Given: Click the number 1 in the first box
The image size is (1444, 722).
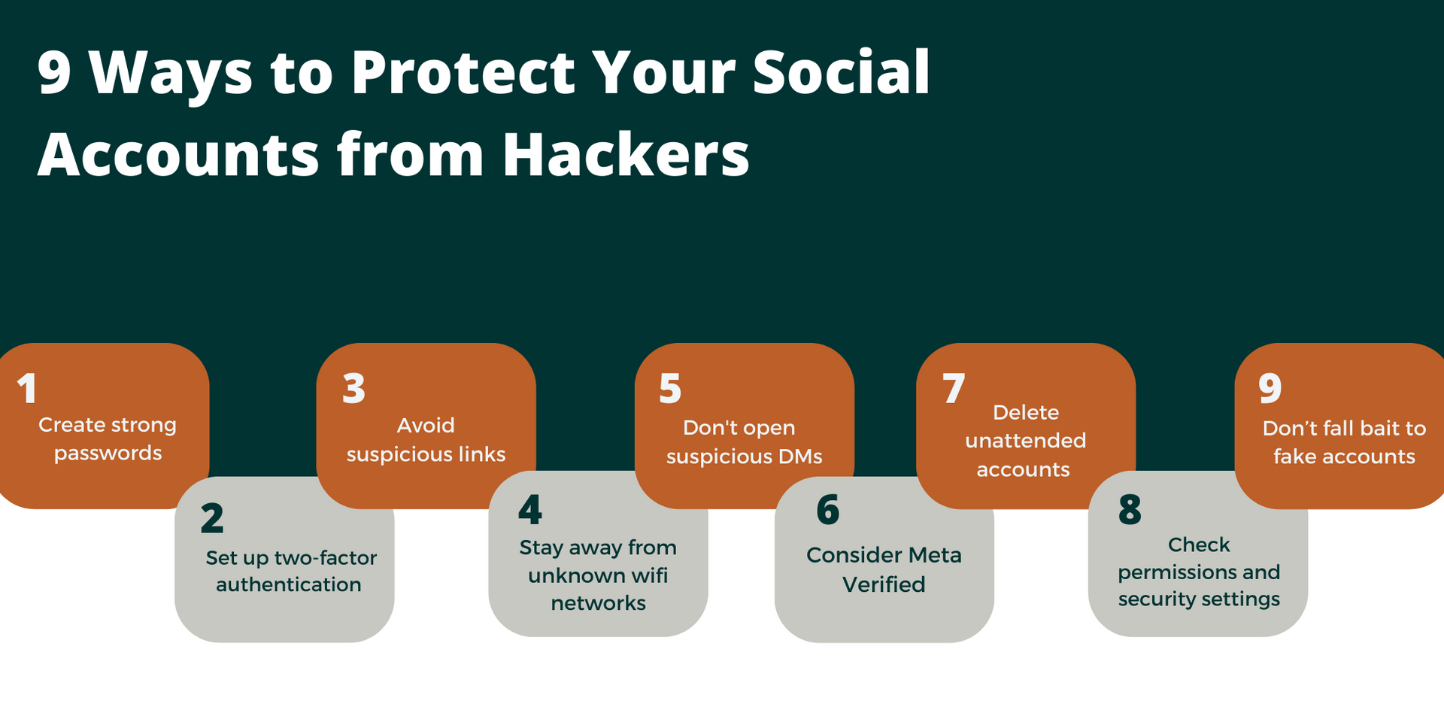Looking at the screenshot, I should [27, 389].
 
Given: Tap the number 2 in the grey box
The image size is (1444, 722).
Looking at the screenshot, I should [212, 519].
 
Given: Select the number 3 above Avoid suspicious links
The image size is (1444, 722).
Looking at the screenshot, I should [353, 389].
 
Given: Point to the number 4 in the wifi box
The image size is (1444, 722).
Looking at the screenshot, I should [530, 511].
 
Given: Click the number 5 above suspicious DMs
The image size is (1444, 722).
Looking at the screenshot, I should [670, 389].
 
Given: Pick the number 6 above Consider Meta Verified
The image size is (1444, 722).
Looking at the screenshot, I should [828, 511].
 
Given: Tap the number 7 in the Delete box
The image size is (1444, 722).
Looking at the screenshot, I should [954, 389].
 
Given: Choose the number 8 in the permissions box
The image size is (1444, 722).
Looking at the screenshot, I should [1130, 511].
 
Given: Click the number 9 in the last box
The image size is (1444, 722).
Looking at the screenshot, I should [1270, 389].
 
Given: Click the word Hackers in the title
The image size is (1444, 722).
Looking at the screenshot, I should [626, 154].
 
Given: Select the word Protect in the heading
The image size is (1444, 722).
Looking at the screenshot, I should [463, 72].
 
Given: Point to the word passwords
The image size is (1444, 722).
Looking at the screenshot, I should [108, 454].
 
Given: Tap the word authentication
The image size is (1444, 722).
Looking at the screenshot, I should [289, 585].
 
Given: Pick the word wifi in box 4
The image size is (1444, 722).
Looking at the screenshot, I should [649, 575].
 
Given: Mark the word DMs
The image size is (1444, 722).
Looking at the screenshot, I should [800, 457].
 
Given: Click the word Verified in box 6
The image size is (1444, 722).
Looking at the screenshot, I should [884, 584].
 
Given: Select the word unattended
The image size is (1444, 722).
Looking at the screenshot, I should [1025, 441].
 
